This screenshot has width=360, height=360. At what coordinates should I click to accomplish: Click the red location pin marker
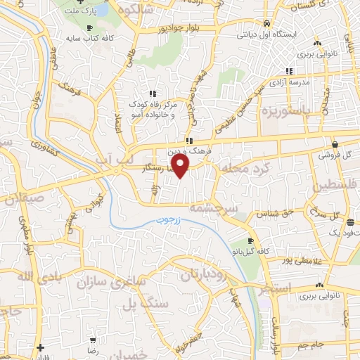pyautogui.click(x=181, y=166)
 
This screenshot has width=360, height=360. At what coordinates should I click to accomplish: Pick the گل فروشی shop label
pyautogui.click(x=336, y=155)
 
